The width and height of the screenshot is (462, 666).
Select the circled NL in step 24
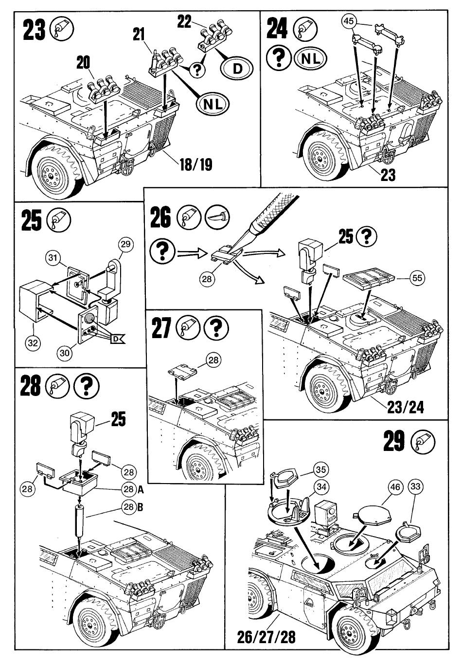tap(311, 58)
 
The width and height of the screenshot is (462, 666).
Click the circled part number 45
tap(349, 21)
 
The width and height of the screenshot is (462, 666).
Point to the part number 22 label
tap(185, 22)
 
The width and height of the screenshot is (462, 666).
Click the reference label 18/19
tap(196, 164)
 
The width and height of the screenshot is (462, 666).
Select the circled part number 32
tap(33, 342)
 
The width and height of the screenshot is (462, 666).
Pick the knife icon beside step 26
tap(217, 216)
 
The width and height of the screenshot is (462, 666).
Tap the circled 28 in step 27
tap(213, 360)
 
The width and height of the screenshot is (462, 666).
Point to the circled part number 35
tap(320, 469)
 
